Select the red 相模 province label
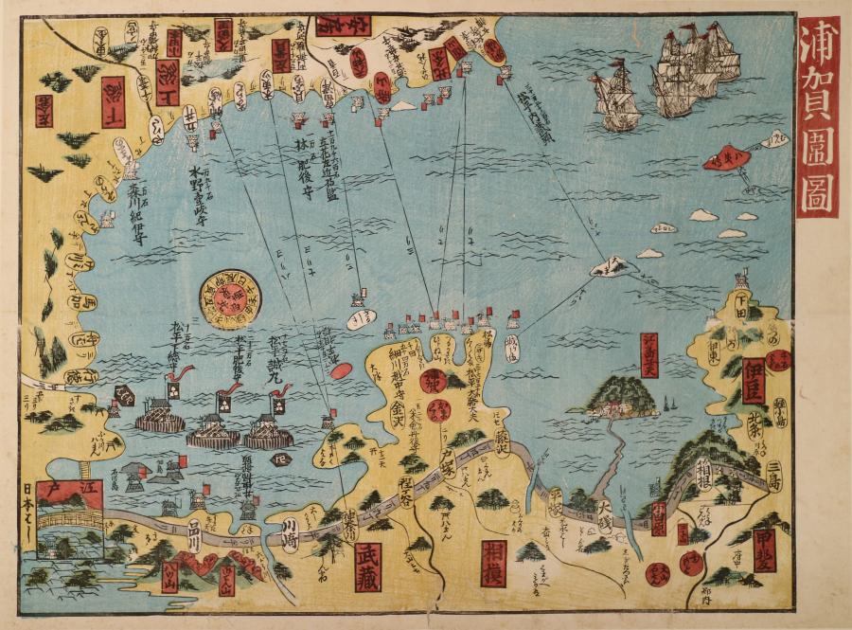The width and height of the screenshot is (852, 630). pos(493,563)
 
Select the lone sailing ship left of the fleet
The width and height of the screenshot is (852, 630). pos(616,96)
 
